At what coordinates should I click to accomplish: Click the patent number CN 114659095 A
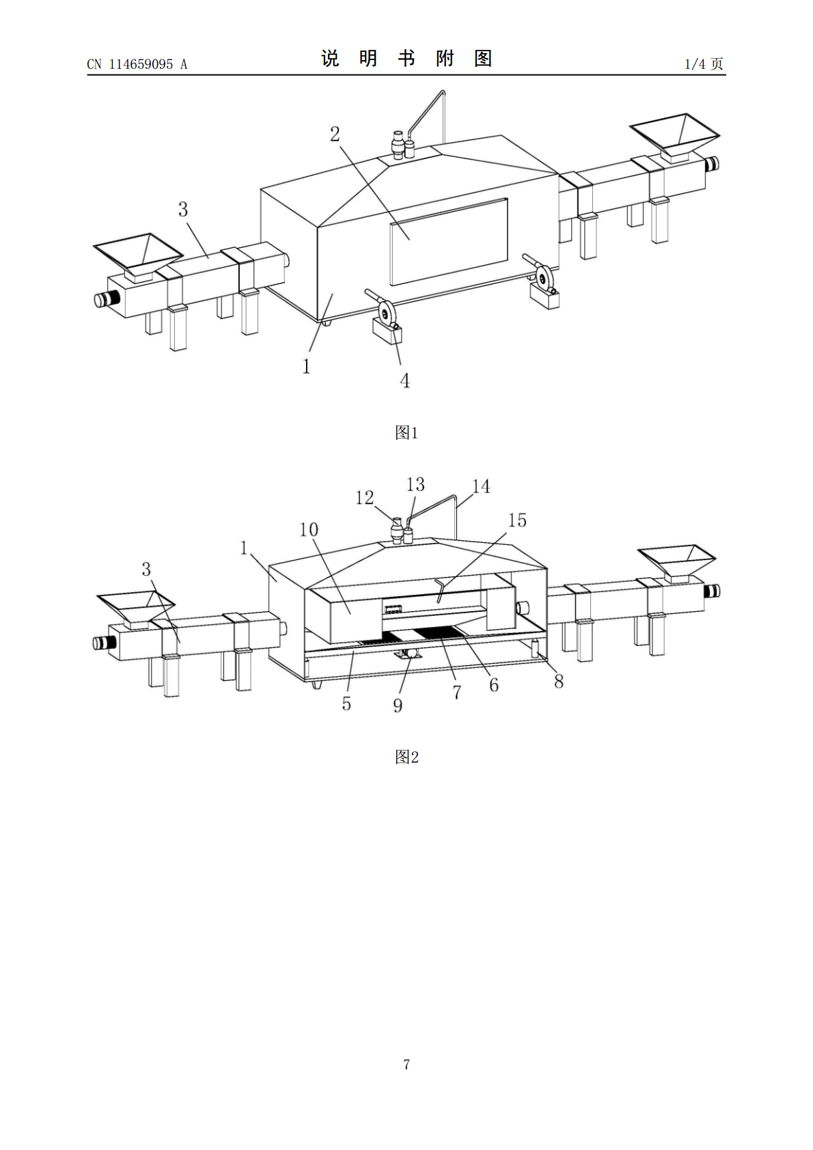coord(137,64)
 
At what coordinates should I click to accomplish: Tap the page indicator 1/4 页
coord(704,64)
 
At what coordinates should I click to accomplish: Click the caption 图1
coord(406,433)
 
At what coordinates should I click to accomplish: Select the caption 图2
coord(406,757)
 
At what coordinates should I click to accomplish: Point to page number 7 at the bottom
coord(406,1064)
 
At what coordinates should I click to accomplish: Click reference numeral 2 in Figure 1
coord(335,135)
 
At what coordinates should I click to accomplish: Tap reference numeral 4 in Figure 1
coord(404,380)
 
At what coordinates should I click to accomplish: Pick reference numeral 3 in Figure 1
coord(183,209)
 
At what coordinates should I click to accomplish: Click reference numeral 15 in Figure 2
coord(517,520)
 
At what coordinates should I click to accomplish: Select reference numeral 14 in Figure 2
coord(481,486)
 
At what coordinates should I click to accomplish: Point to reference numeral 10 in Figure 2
coord(309,529)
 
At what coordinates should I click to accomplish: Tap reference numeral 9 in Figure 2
coord(398,705)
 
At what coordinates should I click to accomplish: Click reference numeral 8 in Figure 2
coord(559,682)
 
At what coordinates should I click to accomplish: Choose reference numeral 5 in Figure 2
coord(346,703)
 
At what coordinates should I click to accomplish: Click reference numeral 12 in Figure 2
coord(365,497)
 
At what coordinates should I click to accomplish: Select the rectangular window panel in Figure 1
coord(449,242)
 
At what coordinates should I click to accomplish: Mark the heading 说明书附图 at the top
coord(406,58)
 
